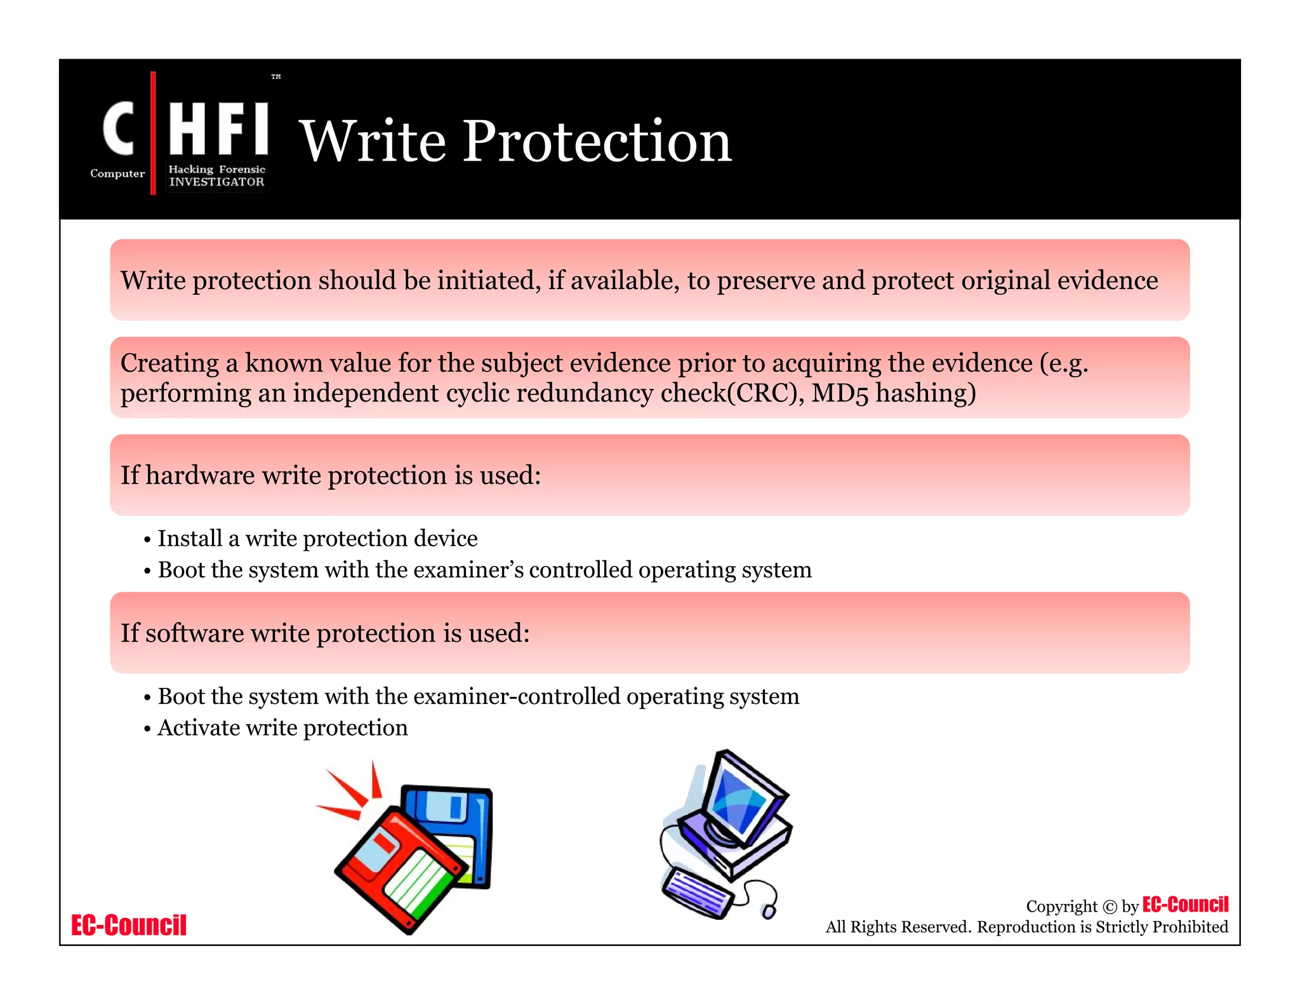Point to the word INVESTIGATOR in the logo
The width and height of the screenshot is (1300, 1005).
pos(216,182)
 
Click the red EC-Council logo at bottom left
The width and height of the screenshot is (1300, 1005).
pos(129,925)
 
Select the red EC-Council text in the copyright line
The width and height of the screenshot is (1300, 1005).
pos(1185,904)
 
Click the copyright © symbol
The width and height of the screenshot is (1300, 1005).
pos(1110,907)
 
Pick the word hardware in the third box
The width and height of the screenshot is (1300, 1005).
pos(200,475)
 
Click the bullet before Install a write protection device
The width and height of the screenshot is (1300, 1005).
pos(147,540)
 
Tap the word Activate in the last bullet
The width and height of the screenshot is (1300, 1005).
pos(198,728)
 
